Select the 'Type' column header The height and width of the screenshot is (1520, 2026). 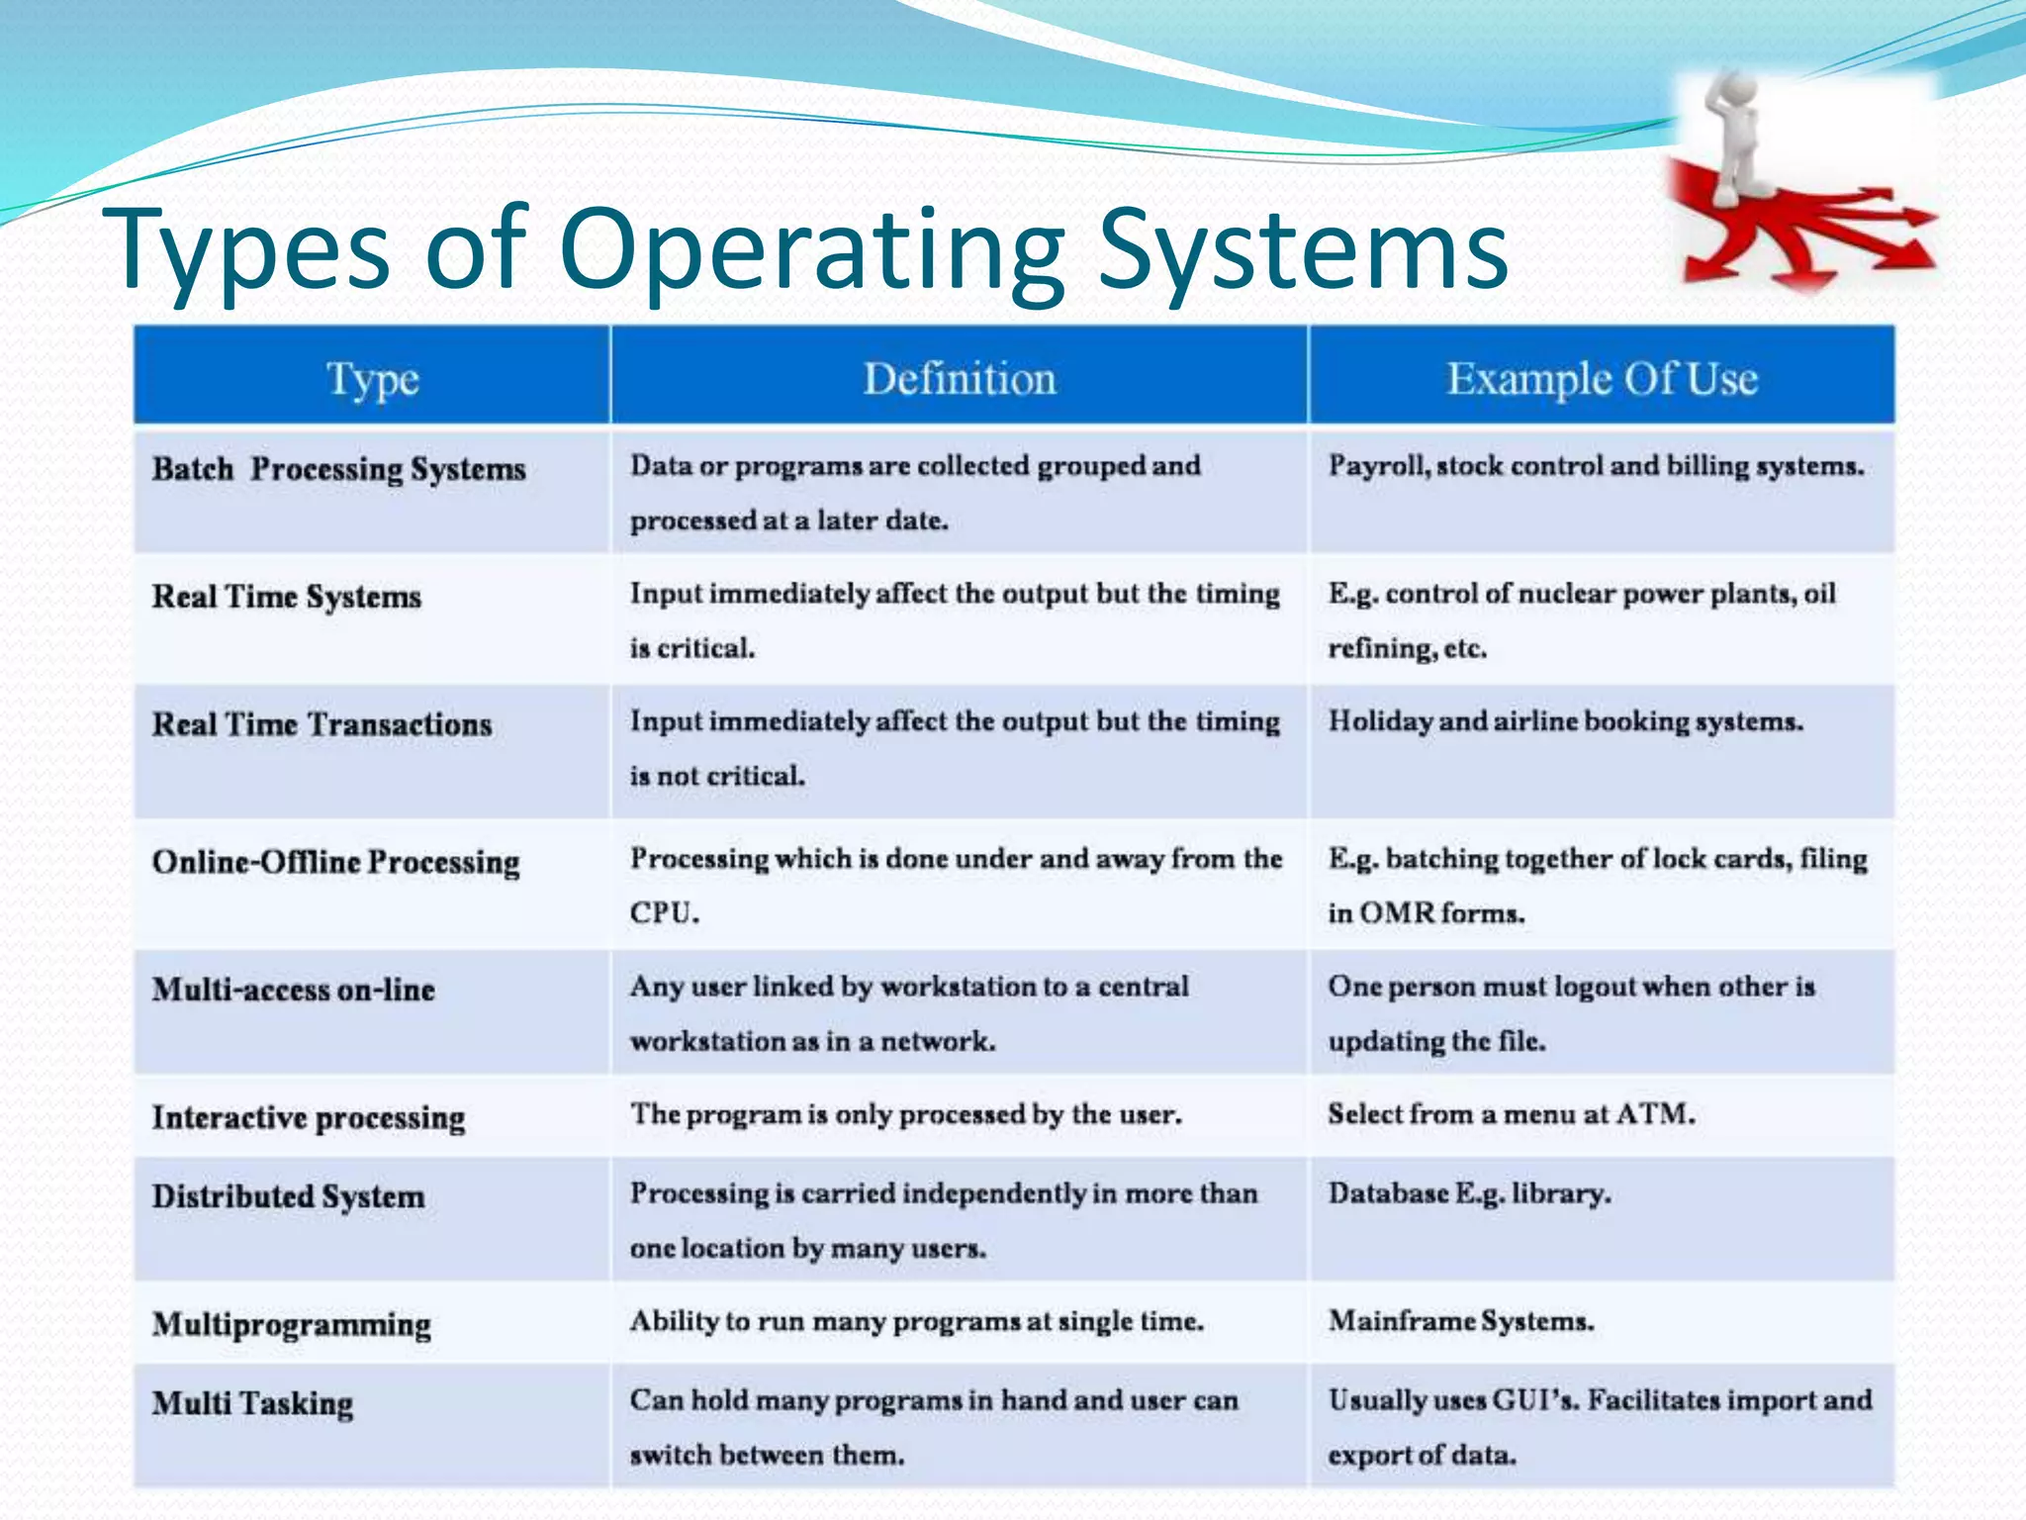(x=373, y=380)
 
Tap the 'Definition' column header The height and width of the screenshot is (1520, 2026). (x=960, y=379)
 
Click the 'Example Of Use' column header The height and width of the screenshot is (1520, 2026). (x=1602, y=379)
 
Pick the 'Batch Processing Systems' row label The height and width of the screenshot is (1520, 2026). (x=338, y=469)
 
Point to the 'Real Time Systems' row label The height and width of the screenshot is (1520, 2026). (x=286, y=597)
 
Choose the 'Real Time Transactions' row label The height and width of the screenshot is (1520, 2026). (x=322, y=724)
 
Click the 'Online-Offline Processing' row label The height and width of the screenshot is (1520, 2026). (x=335, y=862)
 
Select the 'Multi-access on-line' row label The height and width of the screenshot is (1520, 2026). (x=293, y=990)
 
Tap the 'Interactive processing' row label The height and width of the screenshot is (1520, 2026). (x=308, y=1117)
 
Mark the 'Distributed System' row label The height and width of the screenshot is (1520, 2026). (x=288, y=1196)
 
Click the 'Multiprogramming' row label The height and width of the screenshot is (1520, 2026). (x=291, y=1324)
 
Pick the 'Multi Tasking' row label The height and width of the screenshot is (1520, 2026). (x=252, y=1403)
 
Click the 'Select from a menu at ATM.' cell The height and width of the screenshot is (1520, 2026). (x=1511, y=1114)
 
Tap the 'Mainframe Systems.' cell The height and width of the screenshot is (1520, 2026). (x=1460, y=1321)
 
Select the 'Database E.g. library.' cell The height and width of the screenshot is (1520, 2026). (x=1469, y=1193)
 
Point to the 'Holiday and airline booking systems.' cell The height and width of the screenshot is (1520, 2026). (x=1565, y=721)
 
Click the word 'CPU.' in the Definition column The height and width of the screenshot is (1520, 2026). (x=664, y=912)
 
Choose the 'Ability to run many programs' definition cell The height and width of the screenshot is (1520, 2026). (x=916, y=1321)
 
